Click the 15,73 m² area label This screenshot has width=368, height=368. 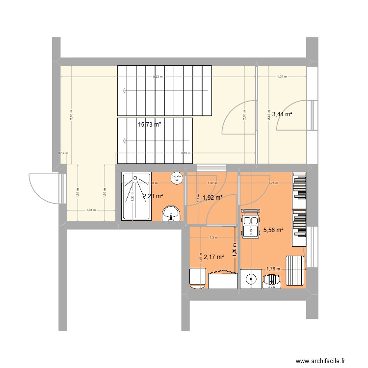150,125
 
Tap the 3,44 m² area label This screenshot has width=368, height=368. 282,114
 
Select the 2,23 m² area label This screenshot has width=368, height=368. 153,197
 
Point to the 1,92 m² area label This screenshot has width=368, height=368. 212,198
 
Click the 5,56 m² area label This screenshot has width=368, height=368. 273,229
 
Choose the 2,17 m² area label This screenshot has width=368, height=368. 213,256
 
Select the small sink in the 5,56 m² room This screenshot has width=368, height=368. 271,280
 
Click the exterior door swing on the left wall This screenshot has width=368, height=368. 43,189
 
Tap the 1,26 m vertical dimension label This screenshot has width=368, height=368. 235,250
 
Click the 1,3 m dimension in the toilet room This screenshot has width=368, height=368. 212,238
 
